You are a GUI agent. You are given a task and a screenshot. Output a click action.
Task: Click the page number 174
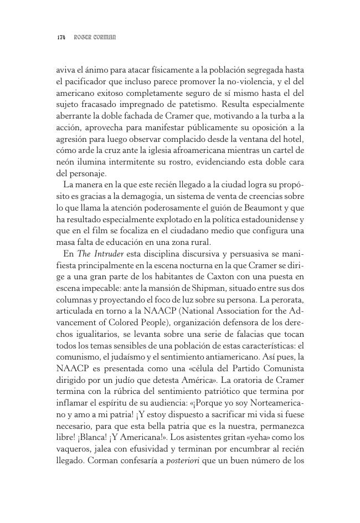(x=61, y=38)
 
